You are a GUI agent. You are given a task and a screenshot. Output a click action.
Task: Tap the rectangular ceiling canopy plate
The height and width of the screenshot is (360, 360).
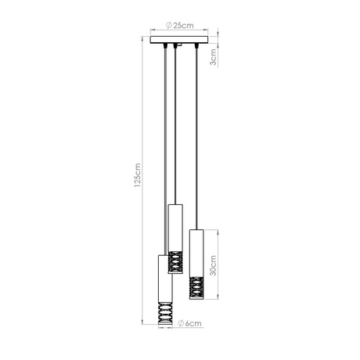(x=179, y=38)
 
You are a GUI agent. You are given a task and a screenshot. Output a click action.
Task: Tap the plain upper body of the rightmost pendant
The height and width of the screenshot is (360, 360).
(x=195, y=249)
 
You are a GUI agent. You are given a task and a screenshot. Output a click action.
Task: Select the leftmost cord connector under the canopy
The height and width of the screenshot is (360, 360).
(x=164, y=46)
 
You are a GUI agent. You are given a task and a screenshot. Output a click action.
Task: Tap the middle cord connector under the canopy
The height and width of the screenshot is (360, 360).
(x=176, y=46)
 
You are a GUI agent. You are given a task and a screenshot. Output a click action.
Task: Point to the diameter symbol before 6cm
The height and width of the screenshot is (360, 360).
(x=180, y=321)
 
